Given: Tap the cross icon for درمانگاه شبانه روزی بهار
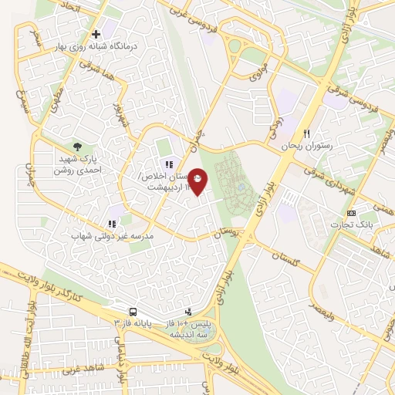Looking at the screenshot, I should (96, 34).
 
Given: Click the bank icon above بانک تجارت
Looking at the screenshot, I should (351, 213).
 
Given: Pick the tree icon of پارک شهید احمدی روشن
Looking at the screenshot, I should (76, 145).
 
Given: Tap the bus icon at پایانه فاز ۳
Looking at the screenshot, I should (133, 312).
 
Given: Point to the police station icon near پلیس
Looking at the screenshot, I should (179, 312).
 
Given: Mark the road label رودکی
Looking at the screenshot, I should (275, 125).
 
